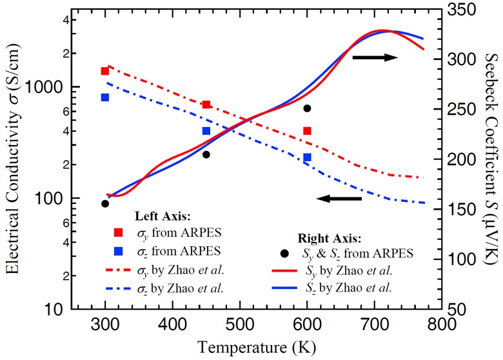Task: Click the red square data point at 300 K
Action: [105, 71]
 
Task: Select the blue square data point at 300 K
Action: [105, 97]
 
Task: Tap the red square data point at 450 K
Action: [206, 105]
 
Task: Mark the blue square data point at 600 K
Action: [307, 157]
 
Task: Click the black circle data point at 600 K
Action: [307, 108]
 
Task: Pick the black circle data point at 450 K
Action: [206, 155]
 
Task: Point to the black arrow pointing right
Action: [375, 57]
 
